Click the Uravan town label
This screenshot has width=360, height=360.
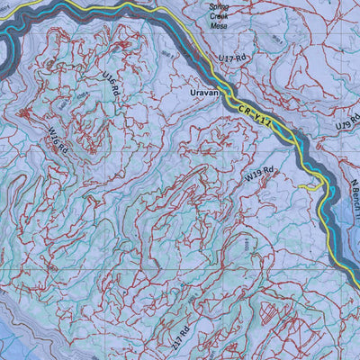pos(205,92)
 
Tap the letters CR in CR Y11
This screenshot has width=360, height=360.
pos(247,110)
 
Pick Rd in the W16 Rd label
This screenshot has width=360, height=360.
pos(62,152)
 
